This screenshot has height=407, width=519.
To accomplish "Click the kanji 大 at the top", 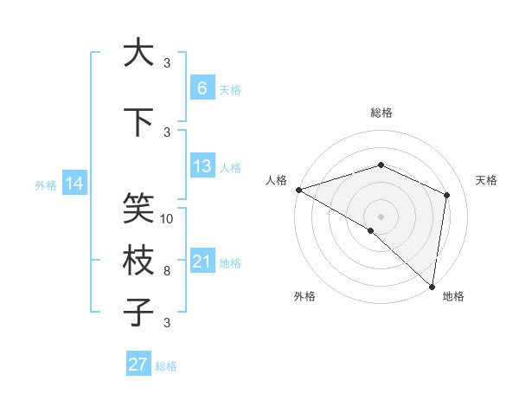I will [138, 54].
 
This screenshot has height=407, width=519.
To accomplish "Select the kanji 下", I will [138, 122].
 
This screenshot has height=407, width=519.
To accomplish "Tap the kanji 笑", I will [138, 208].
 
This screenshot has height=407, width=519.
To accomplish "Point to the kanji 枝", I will [138, 262].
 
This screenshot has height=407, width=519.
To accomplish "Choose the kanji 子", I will [138, 313].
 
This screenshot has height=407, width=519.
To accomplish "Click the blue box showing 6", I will [202, 88].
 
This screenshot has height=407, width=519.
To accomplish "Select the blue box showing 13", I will [202, 166].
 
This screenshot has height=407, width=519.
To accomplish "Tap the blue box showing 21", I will [202, 262].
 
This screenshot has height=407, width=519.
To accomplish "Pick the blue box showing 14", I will [74, 184].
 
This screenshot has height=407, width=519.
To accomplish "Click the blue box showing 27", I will [138, 365].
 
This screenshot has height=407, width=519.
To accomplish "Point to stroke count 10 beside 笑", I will [168, 218].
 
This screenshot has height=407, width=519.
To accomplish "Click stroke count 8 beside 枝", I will [167, 271].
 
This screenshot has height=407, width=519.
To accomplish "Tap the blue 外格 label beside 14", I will [46, 184].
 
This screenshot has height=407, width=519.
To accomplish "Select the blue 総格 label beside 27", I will [166, 366].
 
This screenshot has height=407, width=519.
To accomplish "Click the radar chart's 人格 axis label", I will [277, 180].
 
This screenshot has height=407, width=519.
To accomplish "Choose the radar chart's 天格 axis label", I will [486, 180].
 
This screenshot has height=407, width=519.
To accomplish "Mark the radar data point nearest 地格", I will [432, 286].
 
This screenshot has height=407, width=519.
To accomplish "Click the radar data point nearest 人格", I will [298, 189].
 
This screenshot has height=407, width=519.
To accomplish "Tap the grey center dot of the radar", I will [381, 216].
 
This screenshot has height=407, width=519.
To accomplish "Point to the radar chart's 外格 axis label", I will [304, 296].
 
